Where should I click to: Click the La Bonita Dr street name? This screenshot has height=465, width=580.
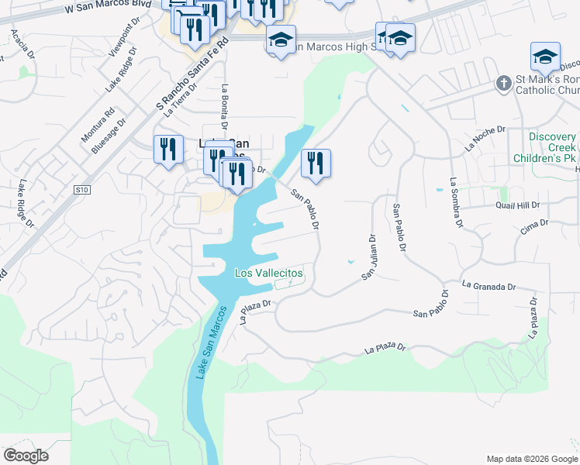tap(225, 106)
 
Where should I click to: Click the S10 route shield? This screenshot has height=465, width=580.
tap(83, 189)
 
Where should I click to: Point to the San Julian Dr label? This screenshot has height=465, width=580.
tap(369, 257)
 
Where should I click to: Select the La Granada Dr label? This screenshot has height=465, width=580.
tap(489, 287)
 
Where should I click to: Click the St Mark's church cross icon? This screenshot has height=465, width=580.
tap(504, 82)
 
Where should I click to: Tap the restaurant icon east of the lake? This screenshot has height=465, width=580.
tap(316, 163)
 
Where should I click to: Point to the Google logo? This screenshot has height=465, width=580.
tap(26, 456)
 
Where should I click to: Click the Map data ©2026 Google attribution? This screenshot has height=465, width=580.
tap(531, 459)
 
